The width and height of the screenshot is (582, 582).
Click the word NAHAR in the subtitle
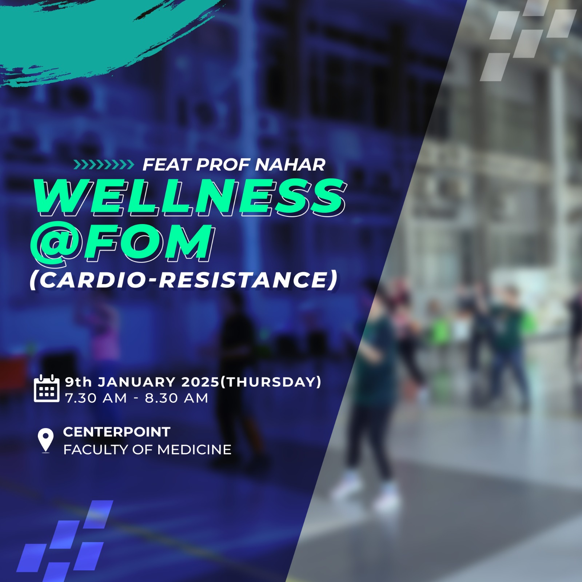(290, 164)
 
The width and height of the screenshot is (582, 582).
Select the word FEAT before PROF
(167, 164)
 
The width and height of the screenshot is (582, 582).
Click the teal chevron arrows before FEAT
(104, 165)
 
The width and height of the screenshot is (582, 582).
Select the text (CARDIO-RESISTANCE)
(184, 280)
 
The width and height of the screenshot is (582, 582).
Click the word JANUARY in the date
(137, 382)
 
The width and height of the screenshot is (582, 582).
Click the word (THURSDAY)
(271, 382)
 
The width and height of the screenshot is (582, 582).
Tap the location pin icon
(45, 441)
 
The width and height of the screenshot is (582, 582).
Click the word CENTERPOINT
(117, 432)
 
